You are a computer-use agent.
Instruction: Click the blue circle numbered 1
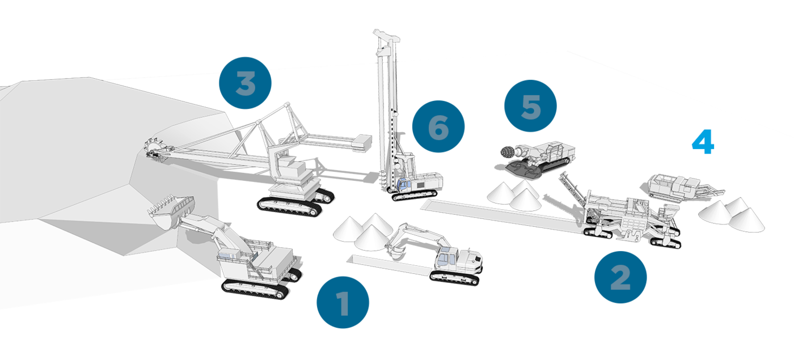[x=343, y=302]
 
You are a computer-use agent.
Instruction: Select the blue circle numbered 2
[x=620, y=277]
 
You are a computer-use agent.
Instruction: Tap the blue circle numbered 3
[x=245, y=83]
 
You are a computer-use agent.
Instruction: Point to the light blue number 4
[x=703, y=142]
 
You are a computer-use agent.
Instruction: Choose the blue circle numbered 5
[x=530, y=106]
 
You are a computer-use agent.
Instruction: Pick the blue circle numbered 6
[x=438, y=126]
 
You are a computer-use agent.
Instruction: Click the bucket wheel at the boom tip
[x=155, y=151]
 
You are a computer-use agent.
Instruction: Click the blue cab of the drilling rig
[x=404, y=184]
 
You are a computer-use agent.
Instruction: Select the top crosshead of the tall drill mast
[x=386, y=35]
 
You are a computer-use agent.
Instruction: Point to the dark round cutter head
[x=508, y=152]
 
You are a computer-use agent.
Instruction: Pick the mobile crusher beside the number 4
[x=682, y=187]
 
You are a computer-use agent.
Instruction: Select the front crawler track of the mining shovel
[x=255, y=289]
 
